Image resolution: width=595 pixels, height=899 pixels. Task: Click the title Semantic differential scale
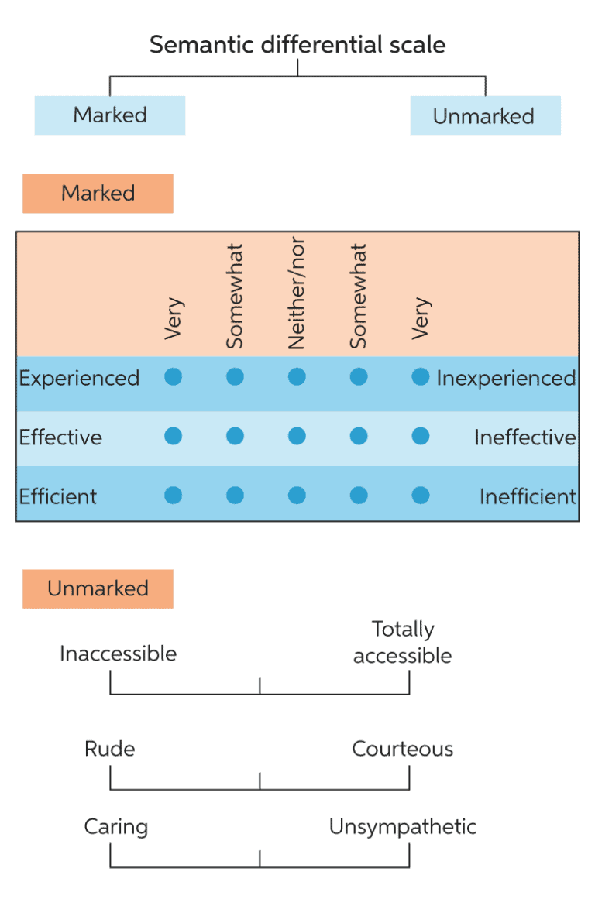tap(297, 45)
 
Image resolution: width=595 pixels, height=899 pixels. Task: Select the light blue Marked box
tap(110, 115)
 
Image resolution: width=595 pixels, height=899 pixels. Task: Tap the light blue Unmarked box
tap(484, 116)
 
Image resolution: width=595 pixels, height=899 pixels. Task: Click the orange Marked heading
tap(98, 194)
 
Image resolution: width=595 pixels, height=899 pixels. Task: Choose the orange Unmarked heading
tap(98, 588)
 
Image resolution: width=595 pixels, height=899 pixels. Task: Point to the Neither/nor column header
tap(297, 293)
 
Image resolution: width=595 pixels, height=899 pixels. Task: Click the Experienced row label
tap(79, 378)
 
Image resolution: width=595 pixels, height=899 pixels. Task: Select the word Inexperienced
tap(506, 378)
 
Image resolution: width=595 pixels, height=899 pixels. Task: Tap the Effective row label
tap(60, 437)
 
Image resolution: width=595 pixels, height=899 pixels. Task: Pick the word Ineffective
tap(524, 437)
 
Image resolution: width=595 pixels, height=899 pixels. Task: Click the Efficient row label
tap(58, 496)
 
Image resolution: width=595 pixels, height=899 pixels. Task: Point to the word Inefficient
tap(527, 496)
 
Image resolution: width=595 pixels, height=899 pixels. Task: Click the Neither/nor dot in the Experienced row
tap(297, 377)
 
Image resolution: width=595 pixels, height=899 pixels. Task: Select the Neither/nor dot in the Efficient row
tap(297, 495)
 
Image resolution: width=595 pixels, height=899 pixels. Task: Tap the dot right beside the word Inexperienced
tap(421, 377)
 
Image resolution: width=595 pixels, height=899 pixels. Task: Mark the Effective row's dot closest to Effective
tap(174, 436)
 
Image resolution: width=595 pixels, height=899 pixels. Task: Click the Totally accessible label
tap(403, 642)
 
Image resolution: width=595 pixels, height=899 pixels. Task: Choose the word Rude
tap(109, 749)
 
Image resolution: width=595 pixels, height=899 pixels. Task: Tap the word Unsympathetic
tap(402, 826)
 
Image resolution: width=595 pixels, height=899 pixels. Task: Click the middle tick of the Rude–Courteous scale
tap(260, 781)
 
